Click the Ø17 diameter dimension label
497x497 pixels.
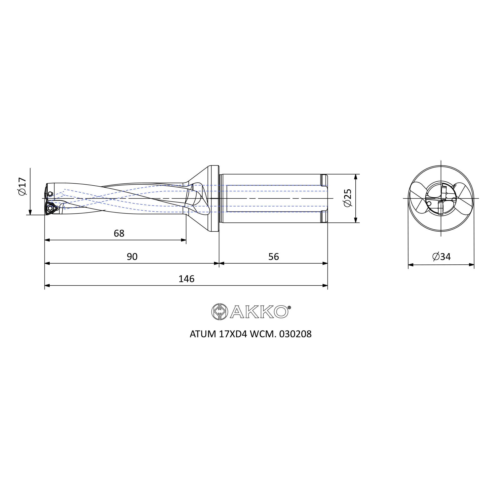[22, 187]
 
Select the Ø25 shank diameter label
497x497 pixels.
[348, 198]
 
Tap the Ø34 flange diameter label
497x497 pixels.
[441, 256]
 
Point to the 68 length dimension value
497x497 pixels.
[119, 234]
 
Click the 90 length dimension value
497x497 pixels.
[132, 257]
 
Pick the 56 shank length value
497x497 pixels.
[273, 257]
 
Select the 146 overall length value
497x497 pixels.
[187, 279]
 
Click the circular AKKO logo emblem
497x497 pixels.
[219, 312]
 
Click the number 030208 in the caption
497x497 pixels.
[295, 334]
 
